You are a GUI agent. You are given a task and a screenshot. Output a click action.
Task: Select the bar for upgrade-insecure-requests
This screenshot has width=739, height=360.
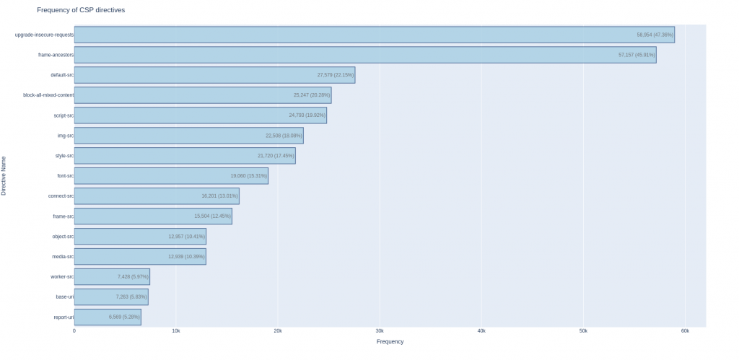[374, 35]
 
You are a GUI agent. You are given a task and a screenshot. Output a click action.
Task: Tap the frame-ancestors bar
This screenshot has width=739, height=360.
[364, 55]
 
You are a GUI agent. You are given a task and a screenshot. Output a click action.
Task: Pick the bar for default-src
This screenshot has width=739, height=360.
[214, 75]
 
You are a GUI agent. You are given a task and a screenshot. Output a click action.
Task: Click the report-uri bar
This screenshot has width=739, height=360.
[108, 317]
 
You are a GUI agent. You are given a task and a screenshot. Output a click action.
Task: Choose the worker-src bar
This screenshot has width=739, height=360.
[112, 276]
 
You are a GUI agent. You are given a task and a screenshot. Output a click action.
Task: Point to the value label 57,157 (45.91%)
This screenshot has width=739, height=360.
[637, 55]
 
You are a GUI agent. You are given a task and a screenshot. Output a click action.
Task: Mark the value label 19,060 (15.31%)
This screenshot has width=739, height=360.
[249, 176]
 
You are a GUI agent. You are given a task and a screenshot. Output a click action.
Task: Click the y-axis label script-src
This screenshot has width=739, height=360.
[64, 115]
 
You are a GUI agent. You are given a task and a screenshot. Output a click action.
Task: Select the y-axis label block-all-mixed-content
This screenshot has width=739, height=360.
[48, 95]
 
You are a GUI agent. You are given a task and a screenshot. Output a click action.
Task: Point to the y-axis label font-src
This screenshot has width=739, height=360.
[65, 176]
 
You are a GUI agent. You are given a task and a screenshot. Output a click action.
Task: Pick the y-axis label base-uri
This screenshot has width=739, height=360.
[64, 297]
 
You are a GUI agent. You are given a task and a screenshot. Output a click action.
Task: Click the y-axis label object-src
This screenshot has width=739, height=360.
[64, 237]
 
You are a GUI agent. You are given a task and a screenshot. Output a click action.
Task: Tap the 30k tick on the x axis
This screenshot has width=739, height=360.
[380, 331]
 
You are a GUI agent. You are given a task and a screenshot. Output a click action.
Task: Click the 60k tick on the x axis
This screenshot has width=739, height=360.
[685, 331]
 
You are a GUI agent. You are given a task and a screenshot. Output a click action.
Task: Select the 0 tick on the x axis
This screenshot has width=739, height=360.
[74, 331]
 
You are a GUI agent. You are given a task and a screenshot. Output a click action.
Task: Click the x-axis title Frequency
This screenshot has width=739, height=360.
[390, 342]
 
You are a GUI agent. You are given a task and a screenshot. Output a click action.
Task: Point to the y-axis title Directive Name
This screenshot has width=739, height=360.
[4, 175]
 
